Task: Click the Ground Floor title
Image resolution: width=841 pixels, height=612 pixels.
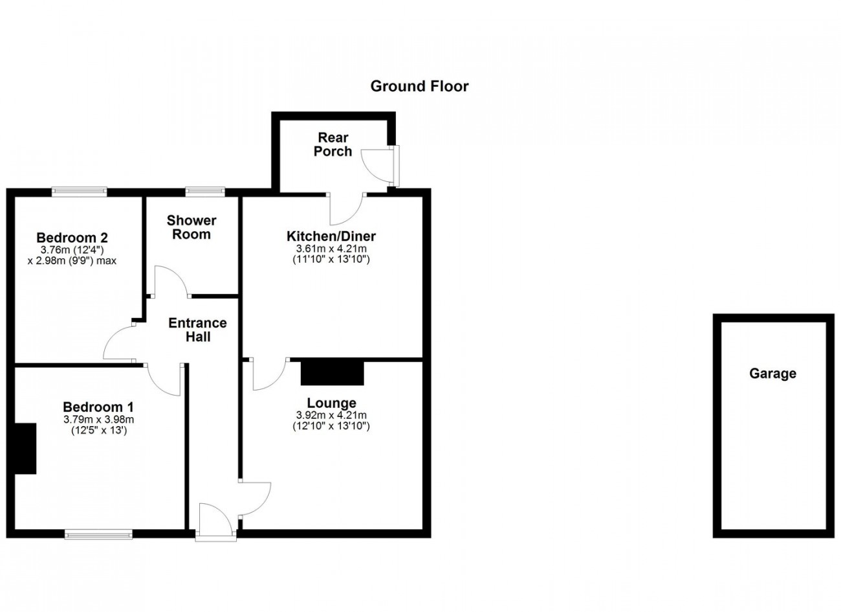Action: (419, 86)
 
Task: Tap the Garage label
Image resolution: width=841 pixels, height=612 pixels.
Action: (772, 373)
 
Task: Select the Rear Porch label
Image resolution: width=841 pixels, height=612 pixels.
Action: (333, 144)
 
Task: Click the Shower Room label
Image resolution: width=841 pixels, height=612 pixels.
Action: (191, 227)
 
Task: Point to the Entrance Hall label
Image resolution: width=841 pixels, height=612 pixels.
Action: (197, 330)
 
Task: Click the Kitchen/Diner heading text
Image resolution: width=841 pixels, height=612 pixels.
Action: (331, 236)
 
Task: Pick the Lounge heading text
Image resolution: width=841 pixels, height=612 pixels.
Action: (331, 403)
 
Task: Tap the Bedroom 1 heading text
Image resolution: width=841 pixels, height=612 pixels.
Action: (98, 407)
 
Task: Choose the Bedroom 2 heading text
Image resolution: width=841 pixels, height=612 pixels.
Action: (72, 238)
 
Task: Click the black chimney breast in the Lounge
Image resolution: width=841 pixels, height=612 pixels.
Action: (333, 373)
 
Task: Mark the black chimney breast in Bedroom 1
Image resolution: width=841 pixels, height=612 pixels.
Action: (25, 448)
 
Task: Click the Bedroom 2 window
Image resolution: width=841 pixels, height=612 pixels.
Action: (79, 192)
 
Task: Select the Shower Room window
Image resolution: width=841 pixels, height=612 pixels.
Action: (205, 192)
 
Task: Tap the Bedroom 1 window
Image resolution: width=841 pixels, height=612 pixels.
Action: (98, 534)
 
